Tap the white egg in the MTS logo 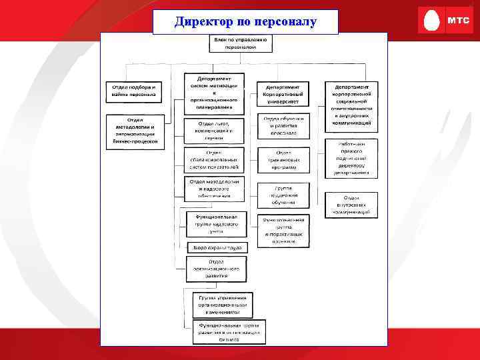click(x=431, y=21)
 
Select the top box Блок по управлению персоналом click(x=241, y=44)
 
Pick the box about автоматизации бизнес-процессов click(x=134, y=131)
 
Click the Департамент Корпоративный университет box click(x=283, y=94)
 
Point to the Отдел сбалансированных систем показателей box click(x=214, y=160)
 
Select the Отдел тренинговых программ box click(x=283, y=160)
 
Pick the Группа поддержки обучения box click(x=283, y=195)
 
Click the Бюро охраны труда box click(x=217, y=247)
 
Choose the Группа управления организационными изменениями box click(x=223, y=304)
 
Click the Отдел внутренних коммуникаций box click(x=352, y=203)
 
